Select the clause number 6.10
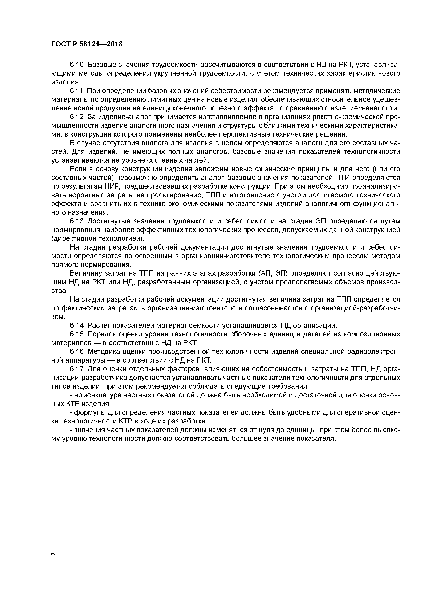[x=77, y=65]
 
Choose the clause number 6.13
[x=77, y=221]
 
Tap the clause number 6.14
[x=77, y=325]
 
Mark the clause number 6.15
[x=77, y=334]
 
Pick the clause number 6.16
[x=77, y=351]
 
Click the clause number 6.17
[x=77, y=369]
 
